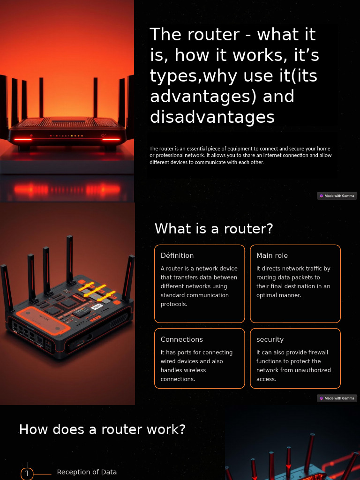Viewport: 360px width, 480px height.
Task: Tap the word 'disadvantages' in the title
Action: click(x=212, y=117)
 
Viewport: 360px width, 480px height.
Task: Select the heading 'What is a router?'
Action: click(x=214, y=229)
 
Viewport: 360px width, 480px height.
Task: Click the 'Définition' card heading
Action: click(x=177, y=255)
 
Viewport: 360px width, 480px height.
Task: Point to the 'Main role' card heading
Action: click(x=272, y=255)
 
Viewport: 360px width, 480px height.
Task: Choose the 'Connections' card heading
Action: click(x=182, y=339)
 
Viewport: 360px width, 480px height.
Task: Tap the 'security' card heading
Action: click(x=270, y=339)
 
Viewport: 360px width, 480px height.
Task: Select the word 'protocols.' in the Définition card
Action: click(x=174, y=304)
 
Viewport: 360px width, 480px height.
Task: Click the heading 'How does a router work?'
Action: click(x=102, y=429)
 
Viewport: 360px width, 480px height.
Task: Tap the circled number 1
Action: click(x=27, y=474)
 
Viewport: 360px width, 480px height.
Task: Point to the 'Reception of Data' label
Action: click(x=87, y=472)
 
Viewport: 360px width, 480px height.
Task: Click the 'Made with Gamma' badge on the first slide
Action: click(x=337, y=196)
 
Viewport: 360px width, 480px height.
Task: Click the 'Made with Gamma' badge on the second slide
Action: click(x=337, y=398)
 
